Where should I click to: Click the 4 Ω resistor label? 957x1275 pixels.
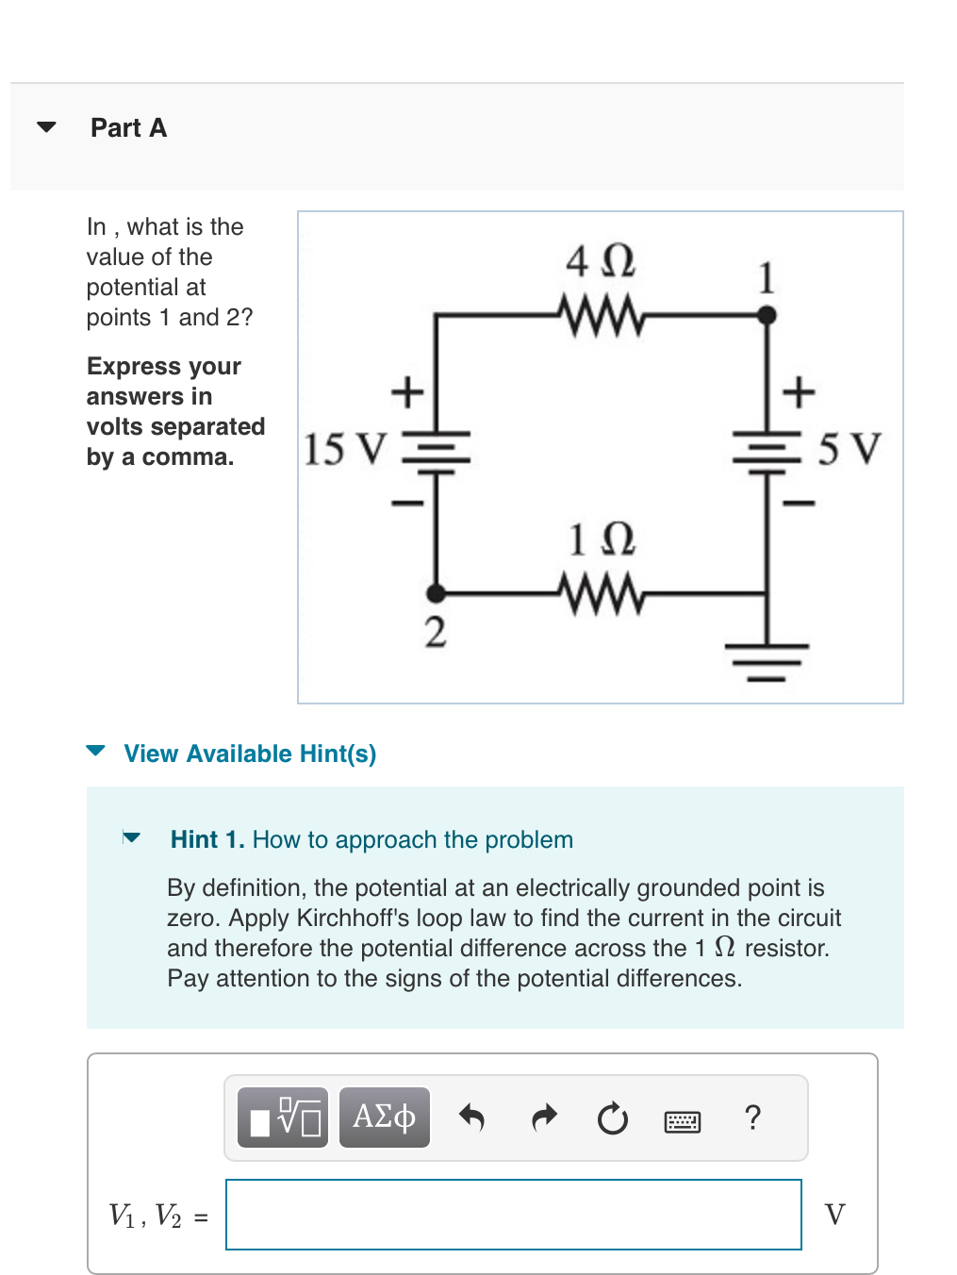click(x=601, y=261)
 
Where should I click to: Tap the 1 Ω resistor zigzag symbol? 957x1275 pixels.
click(x=602, y=594)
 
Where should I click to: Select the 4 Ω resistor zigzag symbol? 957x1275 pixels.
click(x=602, y=316)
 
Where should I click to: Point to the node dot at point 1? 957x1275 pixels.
click(x=767, y=316)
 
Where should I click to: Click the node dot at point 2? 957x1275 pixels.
click(x=436, y=593)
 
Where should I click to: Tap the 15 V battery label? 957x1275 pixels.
click(x=345, y=449)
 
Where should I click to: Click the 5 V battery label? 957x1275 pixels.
click(x=850, y=449)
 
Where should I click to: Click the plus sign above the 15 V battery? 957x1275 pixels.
click(x=407, y=390)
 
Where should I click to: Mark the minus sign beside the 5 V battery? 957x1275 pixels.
click(x=799, y=503)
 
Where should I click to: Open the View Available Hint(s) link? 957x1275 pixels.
click(x=250, y=753)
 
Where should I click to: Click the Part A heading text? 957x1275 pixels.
click(x=129, y=127)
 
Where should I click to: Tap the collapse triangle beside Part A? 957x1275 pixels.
click(x=46, y=127)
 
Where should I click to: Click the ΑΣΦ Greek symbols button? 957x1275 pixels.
click(x=384, y=1117)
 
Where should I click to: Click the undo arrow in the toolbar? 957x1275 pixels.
click(x=471, y=1118)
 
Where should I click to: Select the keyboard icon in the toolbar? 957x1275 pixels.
click(x=682, y=1121)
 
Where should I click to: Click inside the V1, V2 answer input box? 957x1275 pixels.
click(x=514, y=1215)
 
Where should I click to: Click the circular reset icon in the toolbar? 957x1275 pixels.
click(x=613, y=1118)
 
